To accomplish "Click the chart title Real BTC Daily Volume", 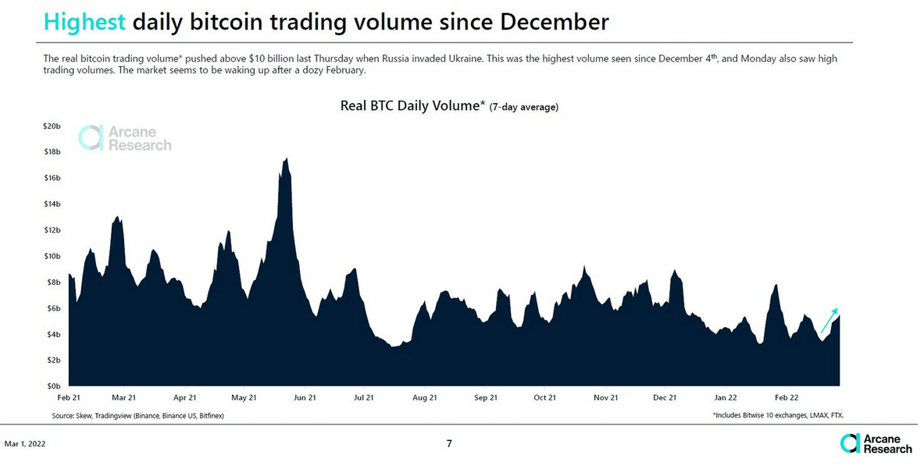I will [412, 106].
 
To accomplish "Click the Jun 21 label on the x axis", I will [304, 397].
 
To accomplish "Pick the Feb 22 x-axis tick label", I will [786, 397].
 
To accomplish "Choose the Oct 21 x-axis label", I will [545, 397].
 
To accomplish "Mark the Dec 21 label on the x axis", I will [665, 397].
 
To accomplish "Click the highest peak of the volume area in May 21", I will [287, 158].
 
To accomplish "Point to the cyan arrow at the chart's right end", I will [829, 320].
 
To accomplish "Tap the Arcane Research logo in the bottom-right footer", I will [876, 443].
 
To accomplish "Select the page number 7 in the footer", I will [449, 444].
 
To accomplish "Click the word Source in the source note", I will [64, 416].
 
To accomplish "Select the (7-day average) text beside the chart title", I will [523, 108].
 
